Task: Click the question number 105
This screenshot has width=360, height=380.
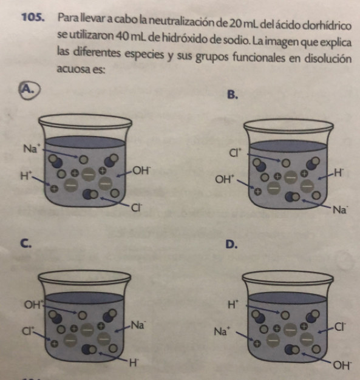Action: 33,18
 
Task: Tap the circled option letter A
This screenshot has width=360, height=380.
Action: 29,90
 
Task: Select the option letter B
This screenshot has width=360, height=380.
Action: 233,95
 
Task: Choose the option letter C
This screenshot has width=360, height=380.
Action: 25,243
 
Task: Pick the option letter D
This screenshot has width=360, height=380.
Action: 231,245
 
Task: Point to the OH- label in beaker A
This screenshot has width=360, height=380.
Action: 141,171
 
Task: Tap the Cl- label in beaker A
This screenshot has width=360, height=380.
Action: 136,208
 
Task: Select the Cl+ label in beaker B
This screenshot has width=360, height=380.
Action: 235,153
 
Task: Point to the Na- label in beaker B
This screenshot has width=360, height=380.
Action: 341,209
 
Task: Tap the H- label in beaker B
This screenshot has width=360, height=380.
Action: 339,173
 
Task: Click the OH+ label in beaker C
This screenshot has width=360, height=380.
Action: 33,304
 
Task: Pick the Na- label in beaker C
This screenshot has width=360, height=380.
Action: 138,325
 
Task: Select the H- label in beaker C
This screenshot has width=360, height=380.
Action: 134,363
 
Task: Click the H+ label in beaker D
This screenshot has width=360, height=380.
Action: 234,304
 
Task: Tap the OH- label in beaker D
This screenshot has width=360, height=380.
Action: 342,365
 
